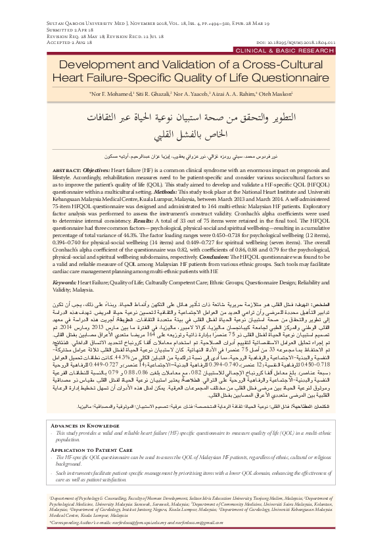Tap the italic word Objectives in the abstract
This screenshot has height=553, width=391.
click(x=102, y=169)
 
